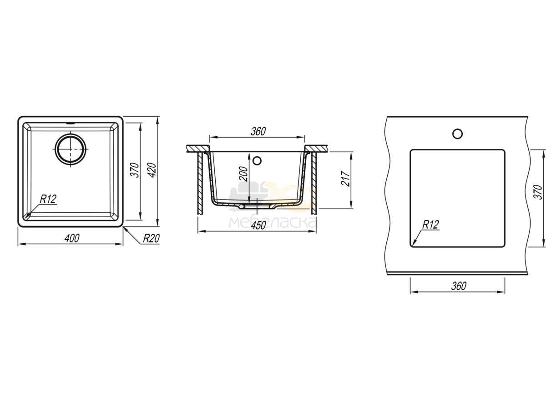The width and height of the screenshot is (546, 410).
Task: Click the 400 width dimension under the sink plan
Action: pos(72,238)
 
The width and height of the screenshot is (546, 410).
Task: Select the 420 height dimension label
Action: pos(152,170)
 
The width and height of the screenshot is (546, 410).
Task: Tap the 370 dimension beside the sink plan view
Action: pos(135,170)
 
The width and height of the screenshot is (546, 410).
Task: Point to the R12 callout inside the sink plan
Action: pos(48,199)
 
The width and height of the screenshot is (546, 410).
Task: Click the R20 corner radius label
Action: pos(151,238)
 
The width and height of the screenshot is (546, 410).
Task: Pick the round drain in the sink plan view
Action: pos(71,149)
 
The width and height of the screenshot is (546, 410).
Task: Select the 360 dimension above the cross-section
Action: pos(258,131)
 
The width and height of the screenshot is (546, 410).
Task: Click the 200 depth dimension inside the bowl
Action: pos(243,174)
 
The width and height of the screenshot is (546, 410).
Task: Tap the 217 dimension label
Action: pos(345,179)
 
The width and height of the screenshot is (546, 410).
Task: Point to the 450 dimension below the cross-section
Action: pos(258,225)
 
